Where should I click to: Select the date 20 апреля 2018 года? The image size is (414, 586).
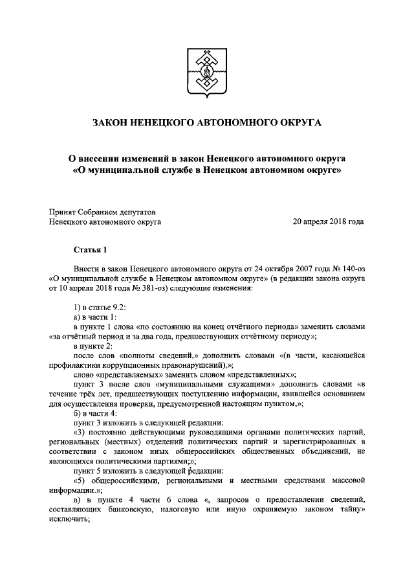pyautogui.click(x=328, y=221)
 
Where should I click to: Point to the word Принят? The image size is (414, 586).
pyautogui.click(x=63, y=210)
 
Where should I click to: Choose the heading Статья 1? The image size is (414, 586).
pyautogui.click(x=87, y=249)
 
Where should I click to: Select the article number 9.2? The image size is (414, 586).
pyautogui.click(x=116, y=306)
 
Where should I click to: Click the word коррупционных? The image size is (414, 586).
pyautogui.click(x=119, y=365)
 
